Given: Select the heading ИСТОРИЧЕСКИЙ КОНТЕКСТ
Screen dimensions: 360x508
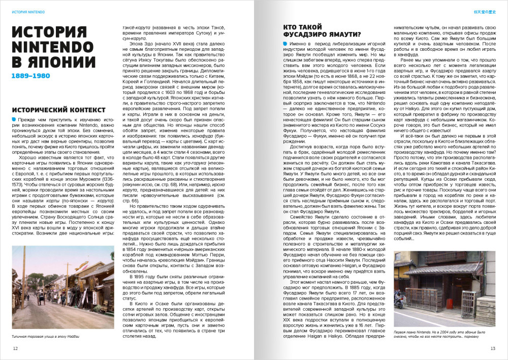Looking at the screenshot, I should click(58, 110).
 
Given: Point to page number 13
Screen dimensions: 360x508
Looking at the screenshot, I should click(492, 348).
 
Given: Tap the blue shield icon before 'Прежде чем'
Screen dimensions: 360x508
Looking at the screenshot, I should click(14, 119).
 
